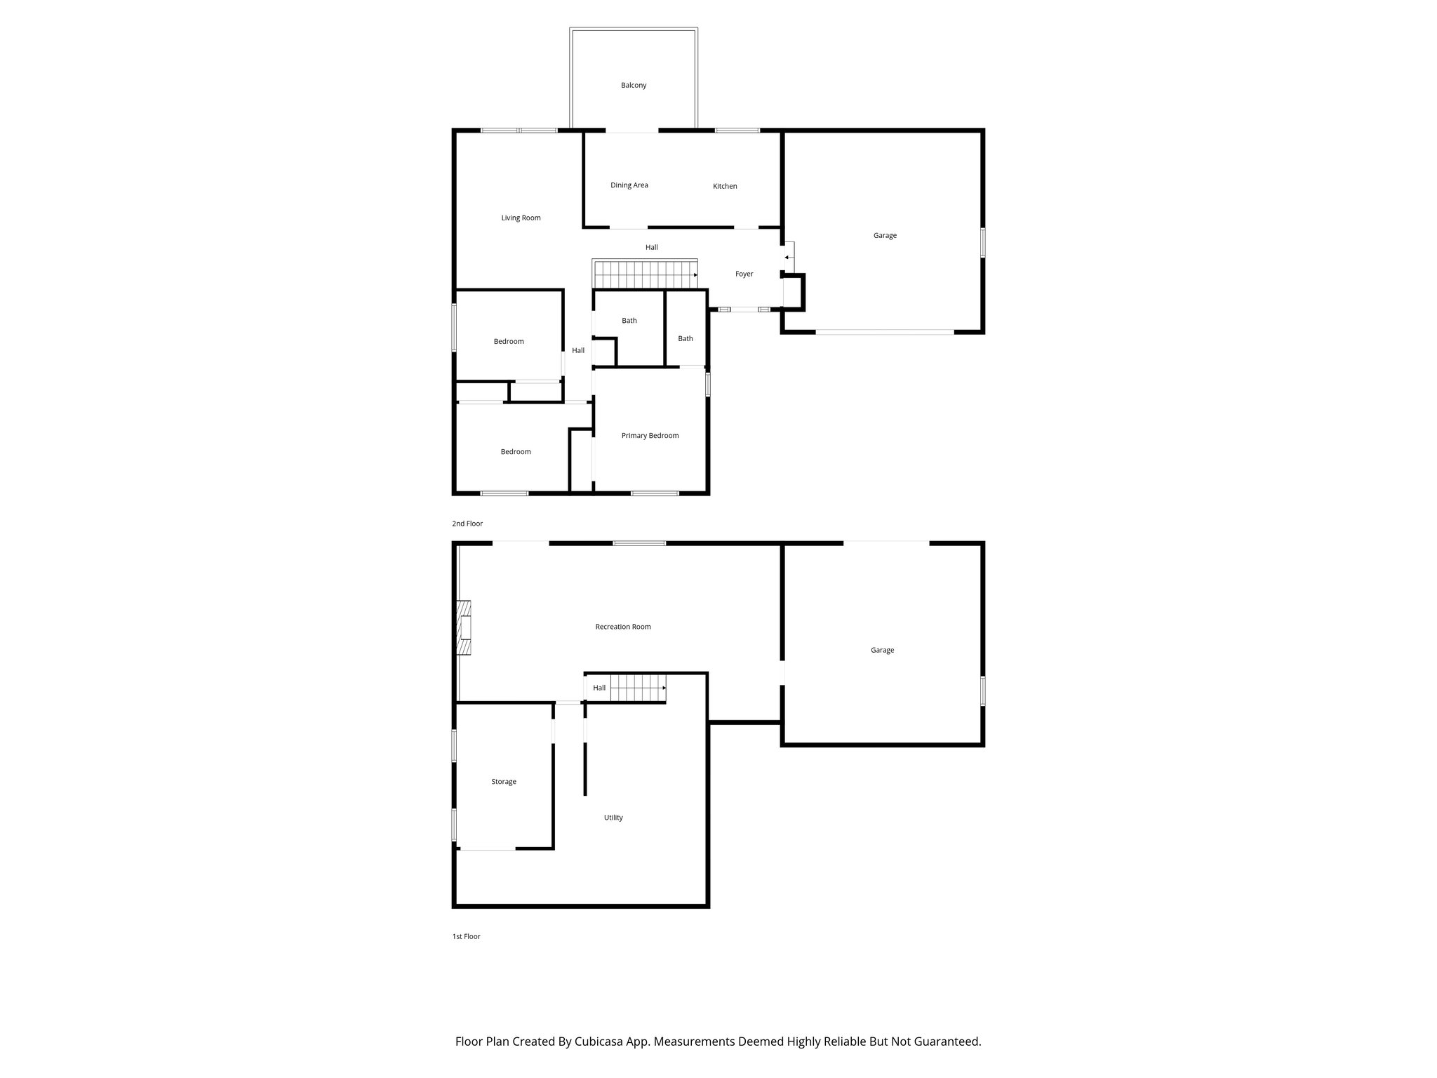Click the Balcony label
633,85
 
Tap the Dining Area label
629,185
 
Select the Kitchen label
725,186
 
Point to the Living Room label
521,218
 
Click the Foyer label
744,274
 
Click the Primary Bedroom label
650,435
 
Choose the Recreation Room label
622,627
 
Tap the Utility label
613,818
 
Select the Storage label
503,781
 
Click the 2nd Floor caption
467,524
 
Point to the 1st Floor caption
466,936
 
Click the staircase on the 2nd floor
644,274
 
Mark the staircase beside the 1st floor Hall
637,688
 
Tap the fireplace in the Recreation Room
464,627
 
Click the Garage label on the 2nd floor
885,235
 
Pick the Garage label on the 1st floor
882,650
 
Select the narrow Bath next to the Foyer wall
685,338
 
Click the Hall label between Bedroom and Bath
578,350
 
